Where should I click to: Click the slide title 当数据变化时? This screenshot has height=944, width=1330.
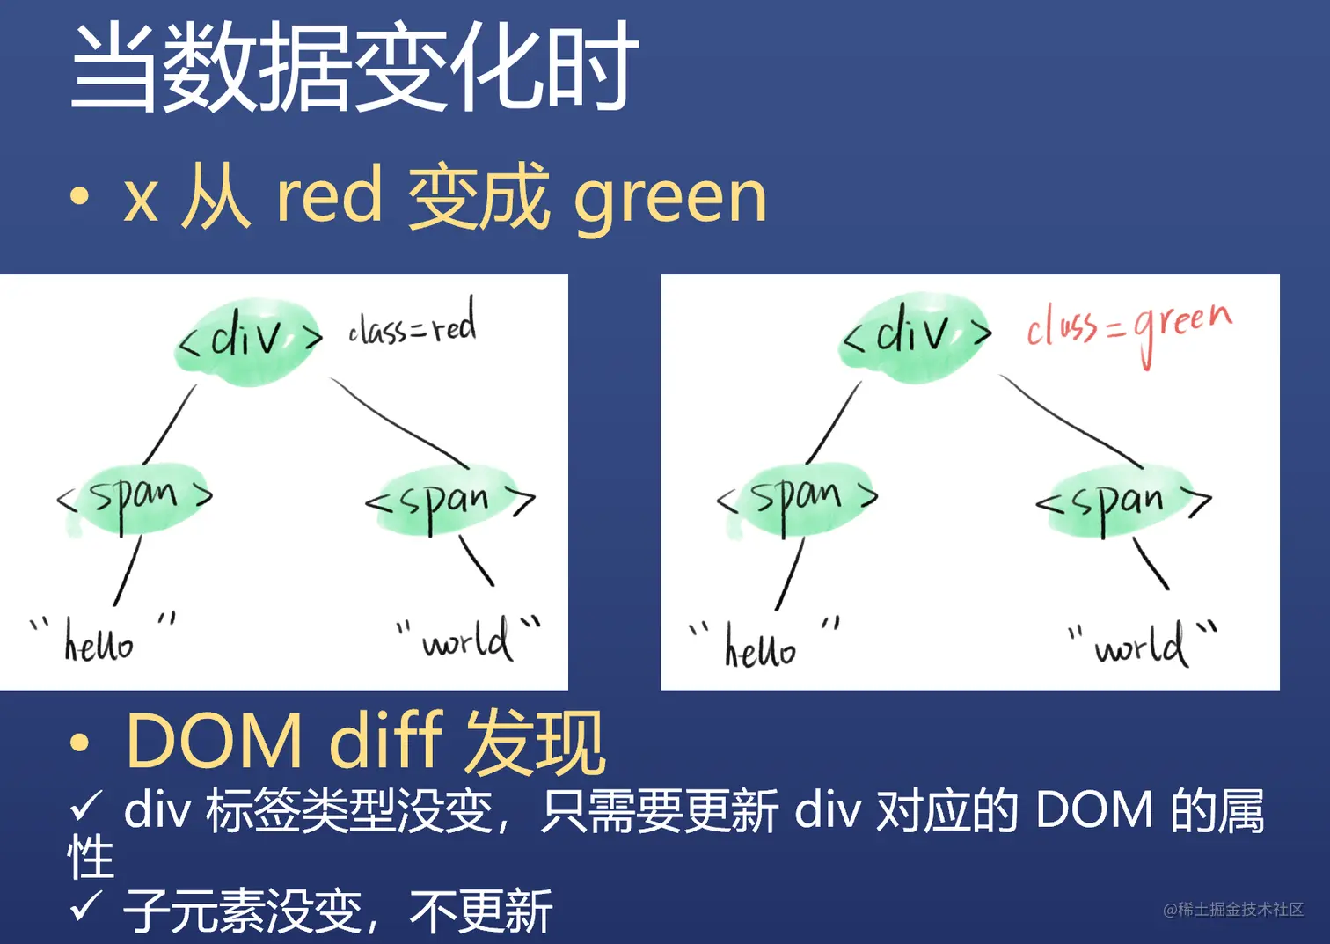(354, 67)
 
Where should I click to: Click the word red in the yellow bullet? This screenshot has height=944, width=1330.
(329, 196)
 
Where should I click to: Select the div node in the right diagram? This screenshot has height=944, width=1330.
(916, 337)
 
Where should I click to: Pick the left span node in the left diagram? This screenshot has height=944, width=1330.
(135, 498)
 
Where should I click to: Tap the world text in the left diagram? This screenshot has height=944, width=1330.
(466, 640)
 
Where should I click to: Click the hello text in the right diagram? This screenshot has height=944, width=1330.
(760, 647)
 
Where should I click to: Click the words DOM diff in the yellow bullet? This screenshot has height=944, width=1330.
(283, 741)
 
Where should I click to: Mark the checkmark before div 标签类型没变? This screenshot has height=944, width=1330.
(86, 804)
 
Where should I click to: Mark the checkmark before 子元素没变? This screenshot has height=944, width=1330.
(86, 905)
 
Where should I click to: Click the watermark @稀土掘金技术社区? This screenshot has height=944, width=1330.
(1232, 910)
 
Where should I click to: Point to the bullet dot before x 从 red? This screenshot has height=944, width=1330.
(80, 197)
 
